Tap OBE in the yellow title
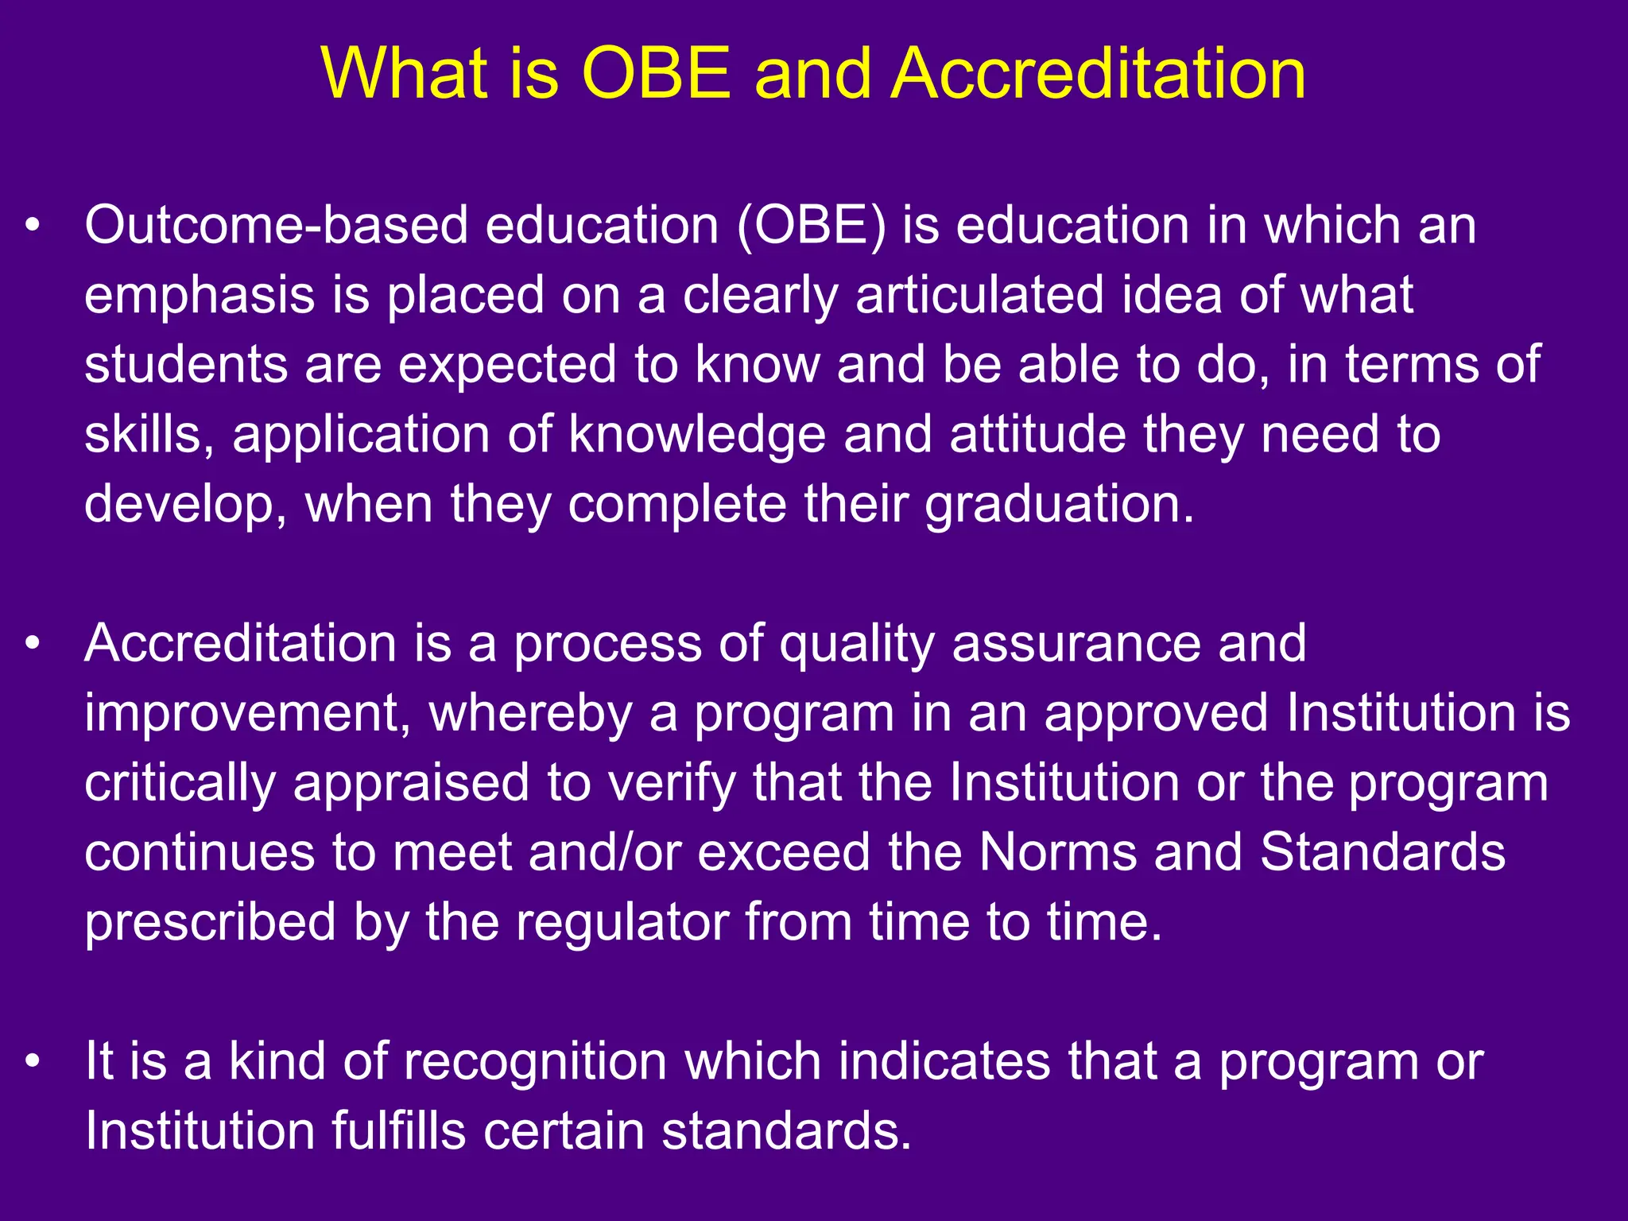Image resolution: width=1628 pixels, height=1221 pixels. click(x=657, y=73)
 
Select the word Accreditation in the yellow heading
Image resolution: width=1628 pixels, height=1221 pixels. click(x=1098, y=73)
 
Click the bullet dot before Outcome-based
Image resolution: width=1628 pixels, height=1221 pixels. click(x=32, y=226)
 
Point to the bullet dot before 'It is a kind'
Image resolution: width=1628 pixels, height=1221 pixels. click(x=32, y=1061)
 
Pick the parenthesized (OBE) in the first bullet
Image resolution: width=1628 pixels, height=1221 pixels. click(x=811, y=226)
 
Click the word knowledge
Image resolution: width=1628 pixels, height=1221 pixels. click(x=696, y=436)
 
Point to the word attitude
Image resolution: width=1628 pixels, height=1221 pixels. click(x=1037, y=436)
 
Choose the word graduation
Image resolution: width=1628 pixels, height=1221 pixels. click(x=1059, y=506)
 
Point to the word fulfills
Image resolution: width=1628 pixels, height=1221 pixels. click(x=397, y=1130)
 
